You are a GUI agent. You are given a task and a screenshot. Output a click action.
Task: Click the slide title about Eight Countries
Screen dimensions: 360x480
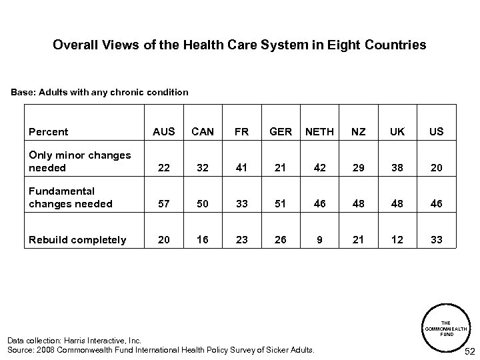click(x=239, y=45)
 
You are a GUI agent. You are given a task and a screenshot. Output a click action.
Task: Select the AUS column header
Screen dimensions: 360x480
click(x=164, y=131)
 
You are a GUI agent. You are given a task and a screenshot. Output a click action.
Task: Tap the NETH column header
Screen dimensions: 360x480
click(x=319, y=131)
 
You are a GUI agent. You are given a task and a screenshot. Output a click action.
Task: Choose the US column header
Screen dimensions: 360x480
click(x=437, y=131)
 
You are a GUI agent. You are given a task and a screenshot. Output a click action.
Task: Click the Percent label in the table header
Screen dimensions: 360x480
click(x=49, y=131)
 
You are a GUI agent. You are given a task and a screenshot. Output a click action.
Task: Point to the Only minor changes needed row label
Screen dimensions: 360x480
click(x=79, y=161)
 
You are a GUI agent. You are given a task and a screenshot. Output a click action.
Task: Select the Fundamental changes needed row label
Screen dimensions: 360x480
click(x=70, y=197)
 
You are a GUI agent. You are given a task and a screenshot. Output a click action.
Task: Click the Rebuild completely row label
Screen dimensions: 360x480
click(x=77, y=240)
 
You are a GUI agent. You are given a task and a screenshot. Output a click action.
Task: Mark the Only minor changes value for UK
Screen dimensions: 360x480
click(x=397, y=168)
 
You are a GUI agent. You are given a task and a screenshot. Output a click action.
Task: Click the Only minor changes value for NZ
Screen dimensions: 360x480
click(x=359, y=168)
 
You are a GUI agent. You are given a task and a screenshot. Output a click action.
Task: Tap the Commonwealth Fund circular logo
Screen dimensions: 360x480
click(x=447, y=327)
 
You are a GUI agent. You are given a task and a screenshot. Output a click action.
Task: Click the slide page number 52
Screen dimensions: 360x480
click(x=469, y=351)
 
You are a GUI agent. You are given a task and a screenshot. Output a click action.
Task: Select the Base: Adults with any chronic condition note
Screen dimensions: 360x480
click(x=99, y=91)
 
